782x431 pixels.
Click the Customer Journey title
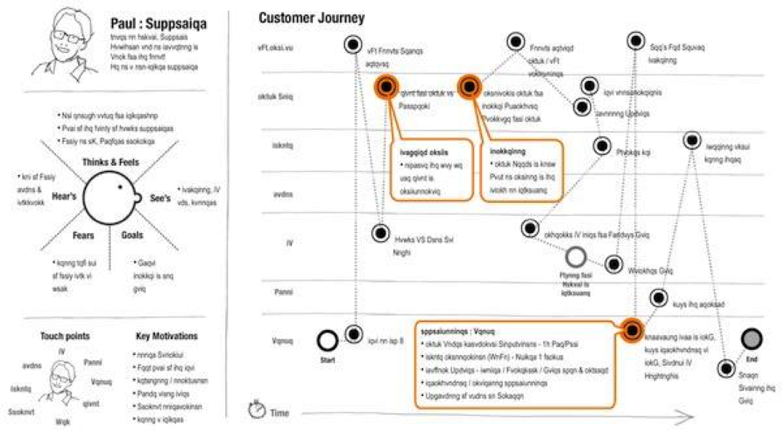pyautogui.click(x=311, y=18)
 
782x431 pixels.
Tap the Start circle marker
pyautogui.click(x=327, y=341)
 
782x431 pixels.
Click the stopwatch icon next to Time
pyautogui.click(x=256, y=409)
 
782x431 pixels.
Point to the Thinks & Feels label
pyautogui.click(x=110, y=162)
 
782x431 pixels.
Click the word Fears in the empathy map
pyautogui.click(x=82, y=235)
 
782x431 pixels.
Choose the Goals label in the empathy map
pyautogui.click(x=132, y=235)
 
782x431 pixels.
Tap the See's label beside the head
pyautogui.click(x=160, y=198)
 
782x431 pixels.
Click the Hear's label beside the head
pyautogui.click(x=64, y=194)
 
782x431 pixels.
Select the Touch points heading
pyautogui.click(x=65, y=336)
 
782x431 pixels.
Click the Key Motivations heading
pyautogui.click(x=166, y=336)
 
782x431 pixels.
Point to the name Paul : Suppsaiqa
pyautogui.click(x=159, y=24)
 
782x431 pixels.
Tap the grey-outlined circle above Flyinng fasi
pyautogui.click(x=576, y=257)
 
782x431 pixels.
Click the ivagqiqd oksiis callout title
pyautogui.click(x=425, y=152)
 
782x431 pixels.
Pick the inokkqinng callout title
pyautogui.click(x=507, y=152)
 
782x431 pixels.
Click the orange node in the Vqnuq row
pyautogui.click(x=631, y=330)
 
